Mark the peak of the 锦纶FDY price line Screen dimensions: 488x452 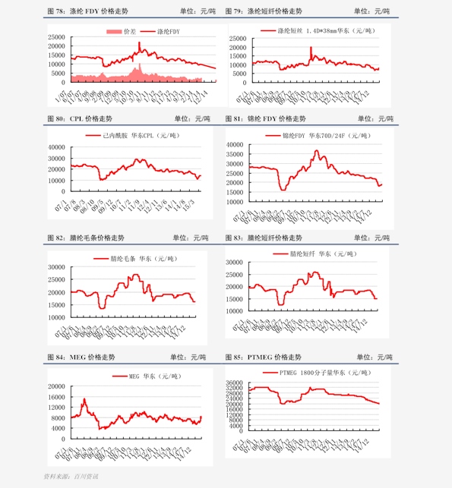[x=318, y=150]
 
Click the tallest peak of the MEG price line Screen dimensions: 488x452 [x=84, y=398]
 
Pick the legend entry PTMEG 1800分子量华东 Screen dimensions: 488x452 [x=322, y=373]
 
